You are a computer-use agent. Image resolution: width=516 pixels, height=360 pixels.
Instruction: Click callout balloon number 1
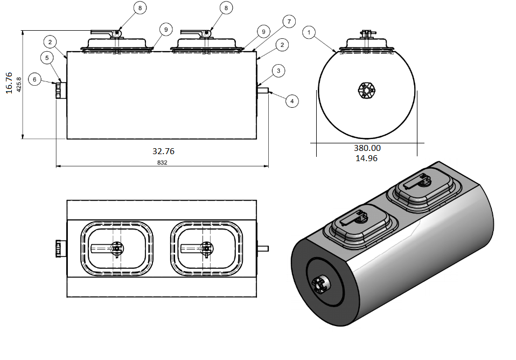309,33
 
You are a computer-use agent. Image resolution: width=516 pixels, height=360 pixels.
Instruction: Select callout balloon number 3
278,71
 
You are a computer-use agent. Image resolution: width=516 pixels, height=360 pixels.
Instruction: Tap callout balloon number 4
291,101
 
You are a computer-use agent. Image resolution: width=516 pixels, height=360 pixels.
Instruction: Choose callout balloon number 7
289,22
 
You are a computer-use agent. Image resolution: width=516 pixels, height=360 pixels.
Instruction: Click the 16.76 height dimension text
9,82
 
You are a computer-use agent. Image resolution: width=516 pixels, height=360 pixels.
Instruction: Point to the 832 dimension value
162,162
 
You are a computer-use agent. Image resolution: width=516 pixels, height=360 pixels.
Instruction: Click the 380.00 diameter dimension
367,148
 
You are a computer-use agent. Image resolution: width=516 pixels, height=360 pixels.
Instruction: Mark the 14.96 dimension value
366,158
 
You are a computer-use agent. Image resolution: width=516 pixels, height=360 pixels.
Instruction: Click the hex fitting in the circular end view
366,91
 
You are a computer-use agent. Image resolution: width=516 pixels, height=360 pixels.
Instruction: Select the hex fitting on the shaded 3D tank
321,285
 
